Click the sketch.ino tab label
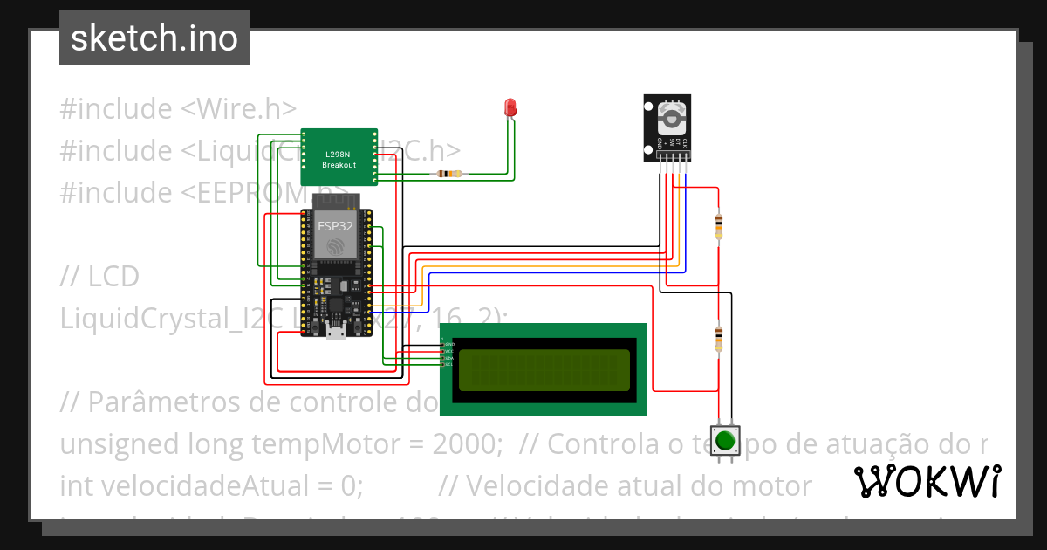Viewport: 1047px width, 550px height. click(x=154, y=38)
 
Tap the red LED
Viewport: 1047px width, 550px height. click(x=510, y=108)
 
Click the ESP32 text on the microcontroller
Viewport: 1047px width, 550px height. click(x=335, y=225)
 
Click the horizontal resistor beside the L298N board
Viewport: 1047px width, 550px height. click(x=448, y=174)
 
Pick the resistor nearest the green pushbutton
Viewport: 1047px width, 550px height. click(x=718, y=339)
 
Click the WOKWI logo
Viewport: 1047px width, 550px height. click(x=927, y=481)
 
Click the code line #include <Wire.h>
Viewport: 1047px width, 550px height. click(x=178, y=109)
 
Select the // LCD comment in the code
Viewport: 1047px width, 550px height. click(x=99, y=277)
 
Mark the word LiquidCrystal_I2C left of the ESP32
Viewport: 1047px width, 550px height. click(x=173, y=319)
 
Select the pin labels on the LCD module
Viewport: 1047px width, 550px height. click(x=448, y=354)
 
